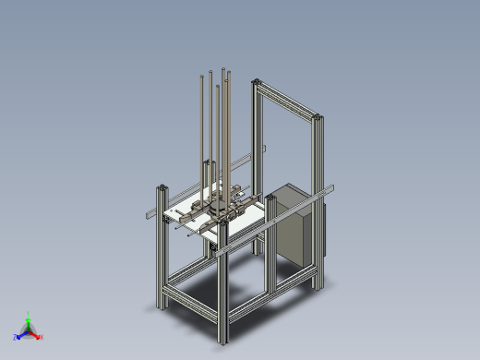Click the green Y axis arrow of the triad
pyautogui.click(x=29, y=317)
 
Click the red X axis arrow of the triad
pyautogui.click(x=39, y=337)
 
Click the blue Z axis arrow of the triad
pyautogui.click(x=18, y=337)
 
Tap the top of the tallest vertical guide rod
pyautogui.click(x=222, y=70)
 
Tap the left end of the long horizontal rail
pyautogui.click(x=149, y=217)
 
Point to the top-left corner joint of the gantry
pyautogui.click(x=255, y=84)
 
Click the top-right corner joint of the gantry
pyautogui.click(x=319, y=118)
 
